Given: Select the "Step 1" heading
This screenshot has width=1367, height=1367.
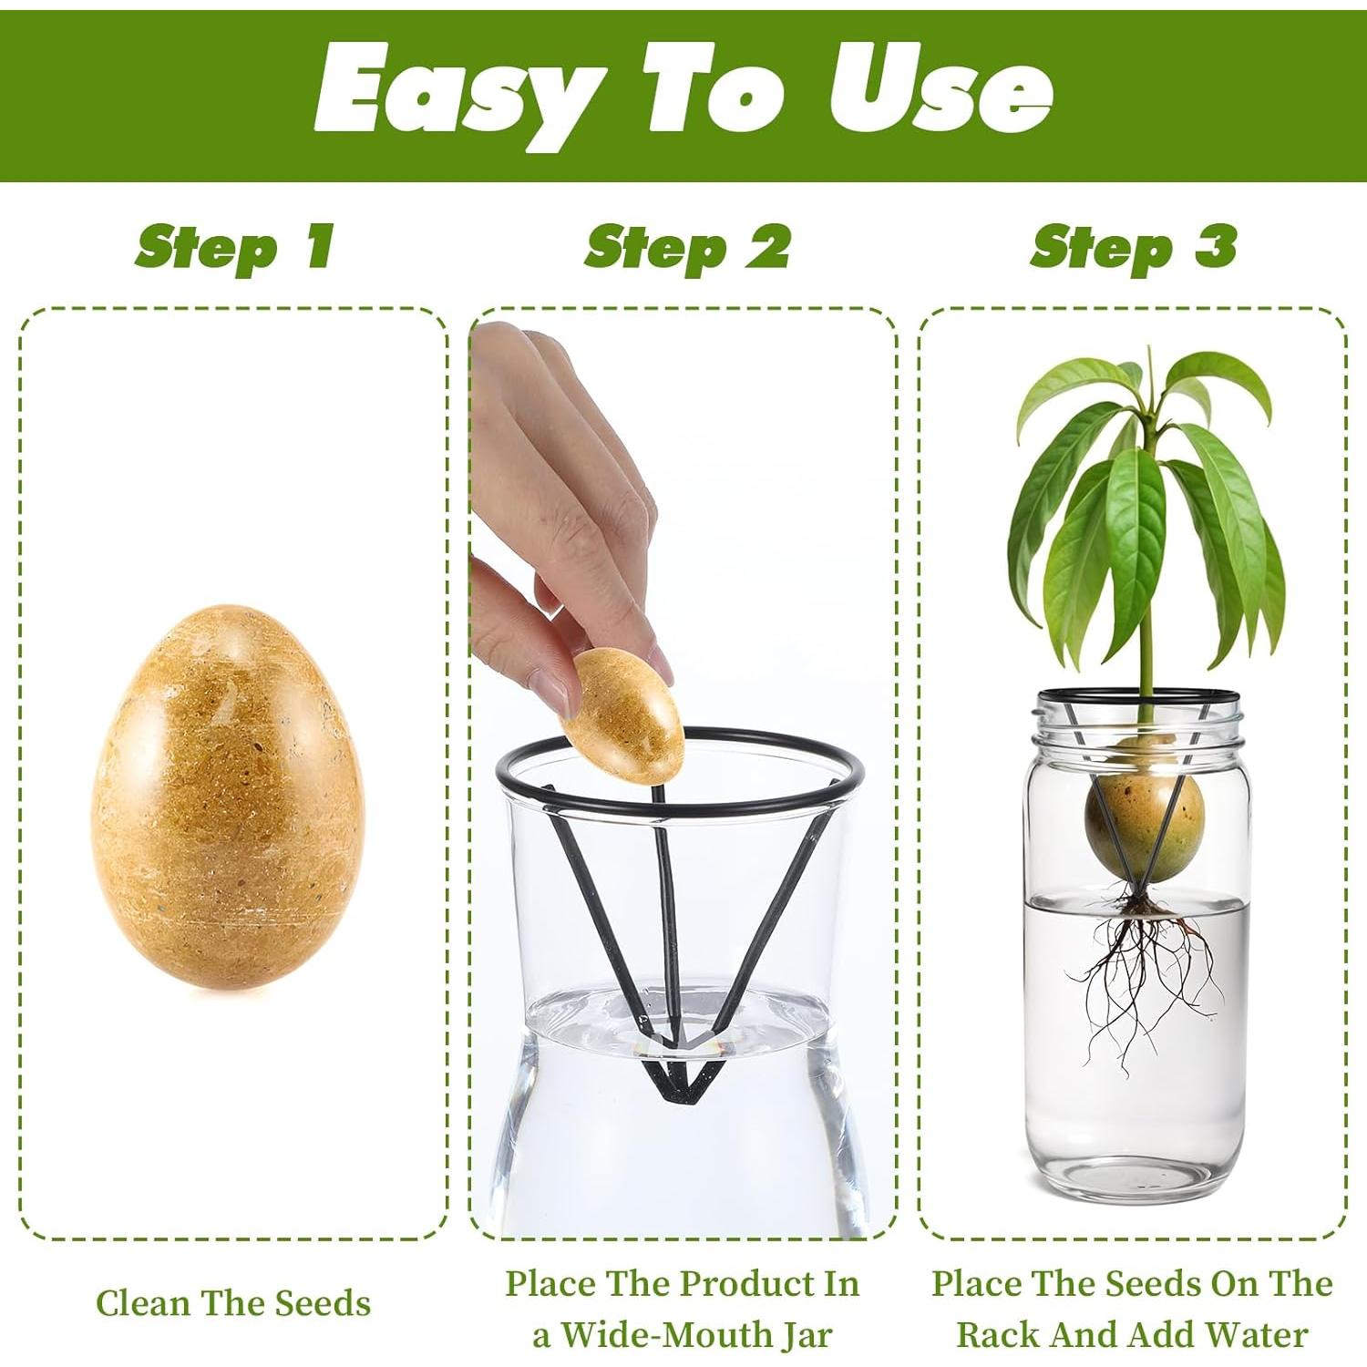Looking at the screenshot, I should click(234, 247).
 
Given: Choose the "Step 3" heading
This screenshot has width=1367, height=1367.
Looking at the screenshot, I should click(1134, 247).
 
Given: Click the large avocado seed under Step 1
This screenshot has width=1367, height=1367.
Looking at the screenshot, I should click(228, 793).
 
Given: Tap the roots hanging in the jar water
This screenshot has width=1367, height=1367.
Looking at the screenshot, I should click(1139, 966).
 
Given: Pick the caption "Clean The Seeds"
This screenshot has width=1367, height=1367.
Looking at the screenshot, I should click(233, 1303).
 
